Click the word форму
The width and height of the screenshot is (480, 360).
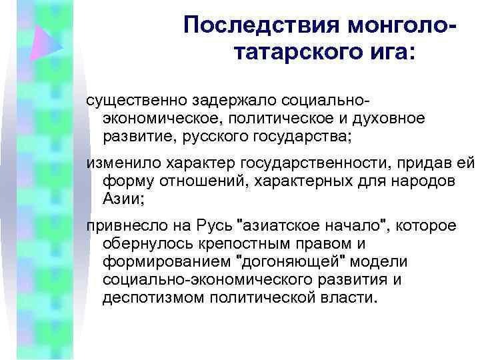[125, 181]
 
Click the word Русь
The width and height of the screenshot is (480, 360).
[212, 227]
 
